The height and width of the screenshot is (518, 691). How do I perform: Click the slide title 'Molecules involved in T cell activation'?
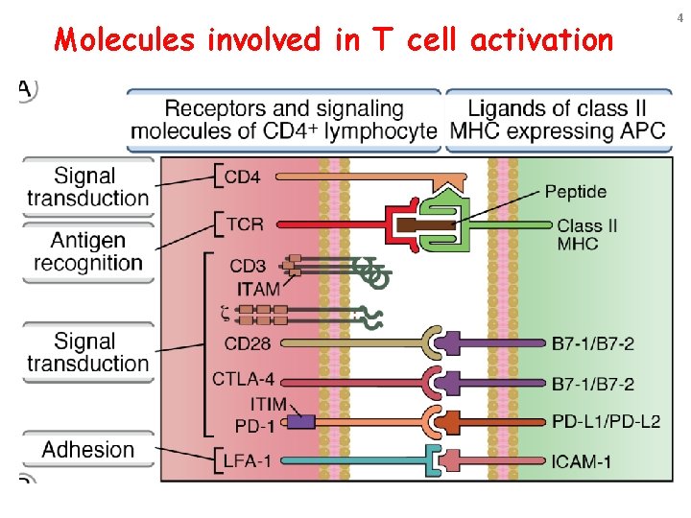[x=333, y=39]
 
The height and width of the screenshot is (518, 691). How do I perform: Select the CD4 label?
[x=242, y=177]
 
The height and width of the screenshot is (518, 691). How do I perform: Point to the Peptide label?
[x=575, y=192]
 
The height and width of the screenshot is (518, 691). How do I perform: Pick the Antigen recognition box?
[x=87, y=250]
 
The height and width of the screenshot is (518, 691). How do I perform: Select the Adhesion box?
[x=87, y=450]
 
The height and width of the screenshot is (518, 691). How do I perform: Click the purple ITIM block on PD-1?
[x=300, y=421]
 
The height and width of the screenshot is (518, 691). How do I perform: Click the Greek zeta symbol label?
[x=226, y=310]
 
